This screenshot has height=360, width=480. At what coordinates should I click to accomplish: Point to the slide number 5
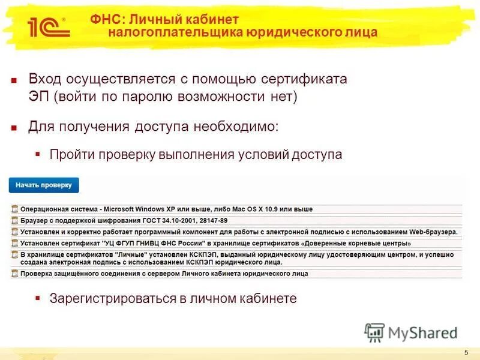(466, 352)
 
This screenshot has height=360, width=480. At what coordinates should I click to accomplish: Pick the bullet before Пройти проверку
(38, 154)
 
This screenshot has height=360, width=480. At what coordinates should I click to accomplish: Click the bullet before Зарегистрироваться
(38, 298)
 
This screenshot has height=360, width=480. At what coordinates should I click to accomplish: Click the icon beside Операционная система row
(14, 209)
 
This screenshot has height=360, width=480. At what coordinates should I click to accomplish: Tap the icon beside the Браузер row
(14, 220)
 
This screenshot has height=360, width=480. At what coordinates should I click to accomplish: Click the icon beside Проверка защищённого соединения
(14, 273)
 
